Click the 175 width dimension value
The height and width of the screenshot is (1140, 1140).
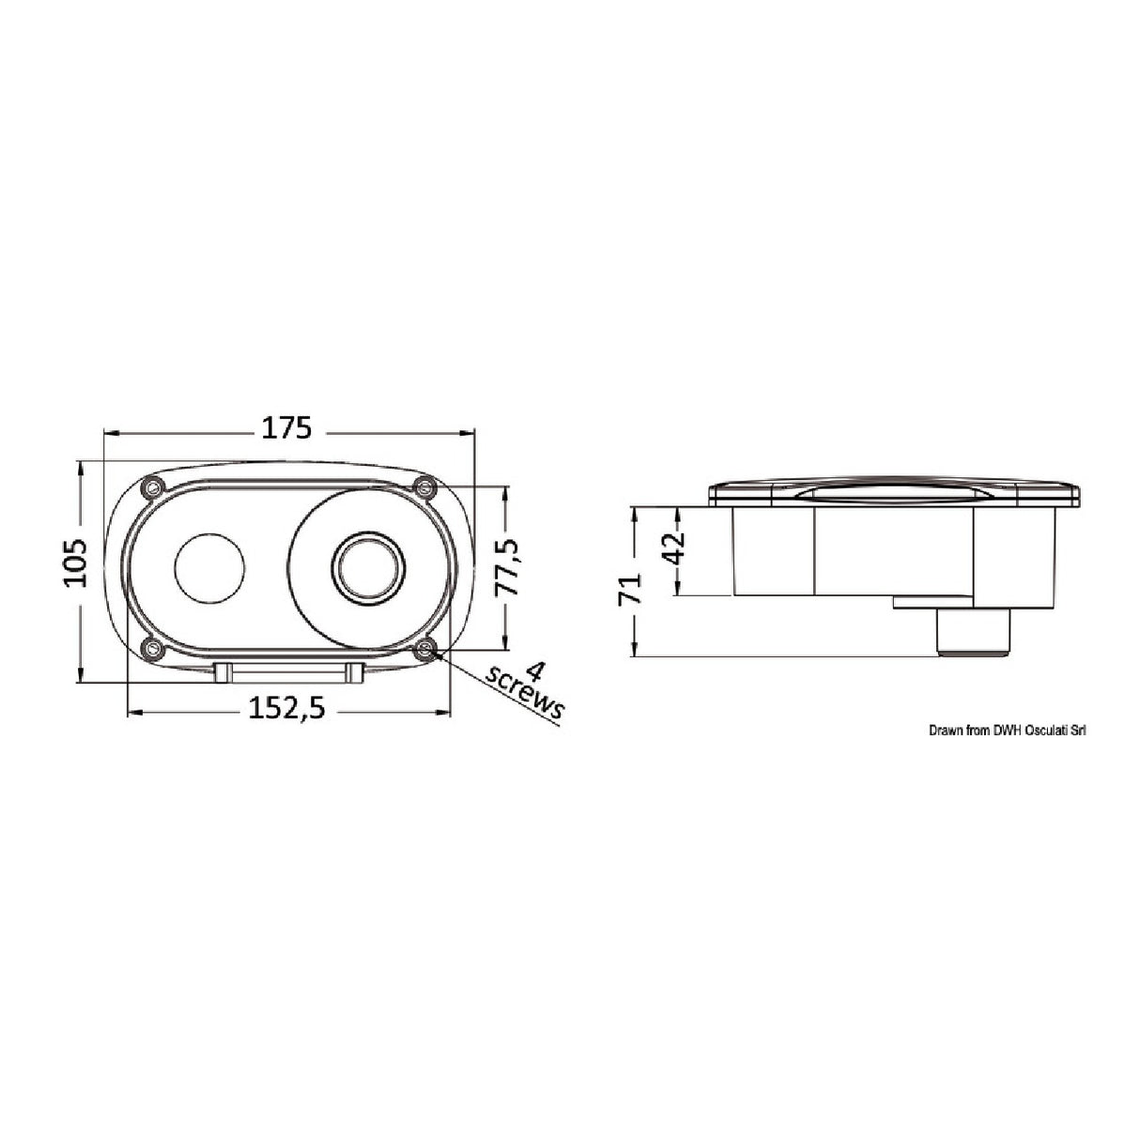(286, 427)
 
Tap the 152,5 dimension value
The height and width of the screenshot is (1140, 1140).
(286, 707)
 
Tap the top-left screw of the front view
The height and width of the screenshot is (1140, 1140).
(154, 486)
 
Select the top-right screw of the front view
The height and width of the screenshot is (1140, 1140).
(425, 487)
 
